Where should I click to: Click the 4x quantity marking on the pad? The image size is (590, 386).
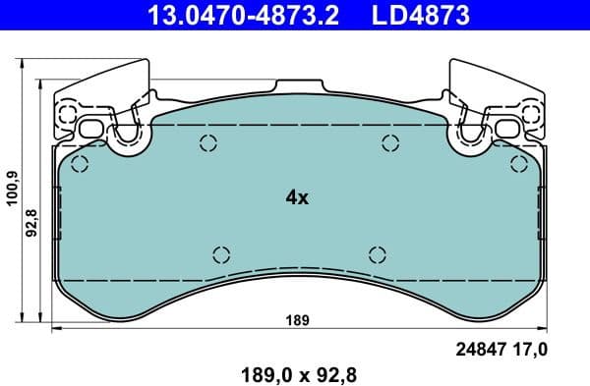296,197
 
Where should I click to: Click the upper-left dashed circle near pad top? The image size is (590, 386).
208,143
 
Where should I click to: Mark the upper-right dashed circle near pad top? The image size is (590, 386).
385,143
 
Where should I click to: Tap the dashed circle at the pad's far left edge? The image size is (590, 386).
80,163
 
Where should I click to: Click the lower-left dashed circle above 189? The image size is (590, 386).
220,253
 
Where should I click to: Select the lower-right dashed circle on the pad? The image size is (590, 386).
377,253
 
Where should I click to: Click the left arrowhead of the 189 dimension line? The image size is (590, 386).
55,329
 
